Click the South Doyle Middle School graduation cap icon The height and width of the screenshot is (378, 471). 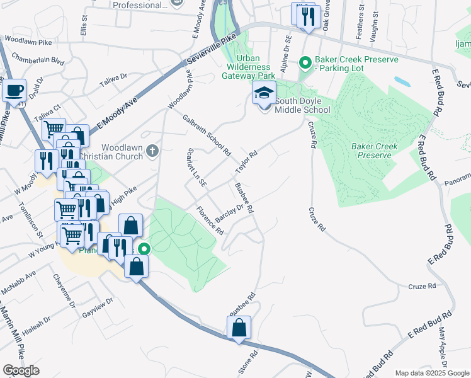click(x=264, y=94)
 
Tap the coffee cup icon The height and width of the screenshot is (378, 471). click(x=14, y=89)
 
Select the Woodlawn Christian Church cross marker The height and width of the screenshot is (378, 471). click(x=152, y=151)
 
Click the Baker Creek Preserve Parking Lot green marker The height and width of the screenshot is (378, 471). click(x=305, y=62)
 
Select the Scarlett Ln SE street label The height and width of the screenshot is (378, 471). click(x=197, y=168)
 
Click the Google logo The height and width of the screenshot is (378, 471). click(x=21, y=370)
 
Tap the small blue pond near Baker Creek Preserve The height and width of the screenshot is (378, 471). click(x=401, y=82)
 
